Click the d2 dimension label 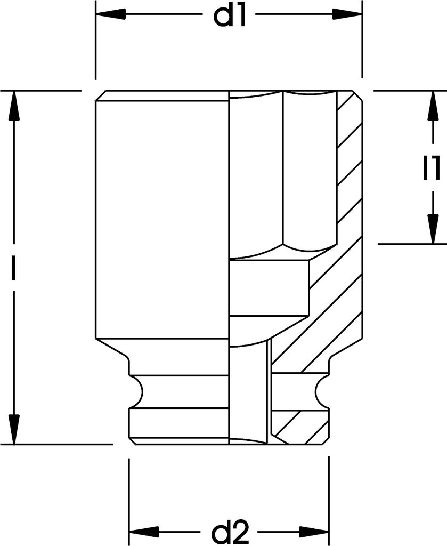pos(230,531)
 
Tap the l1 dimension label pos(432,168)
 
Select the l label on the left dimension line pos(13,268)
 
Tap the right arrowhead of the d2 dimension pos(314,532)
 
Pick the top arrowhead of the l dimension pos(13,105)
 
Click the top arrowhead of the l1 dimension pos(433,106)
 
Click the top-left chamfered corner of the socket pos(101,96)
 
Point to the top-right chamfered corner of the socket pos(357,96)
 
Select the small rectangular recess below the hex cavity pos(269,288)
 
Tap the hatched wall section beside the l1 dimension pos(350,167)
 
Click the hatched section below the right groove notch pos(300,427)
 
